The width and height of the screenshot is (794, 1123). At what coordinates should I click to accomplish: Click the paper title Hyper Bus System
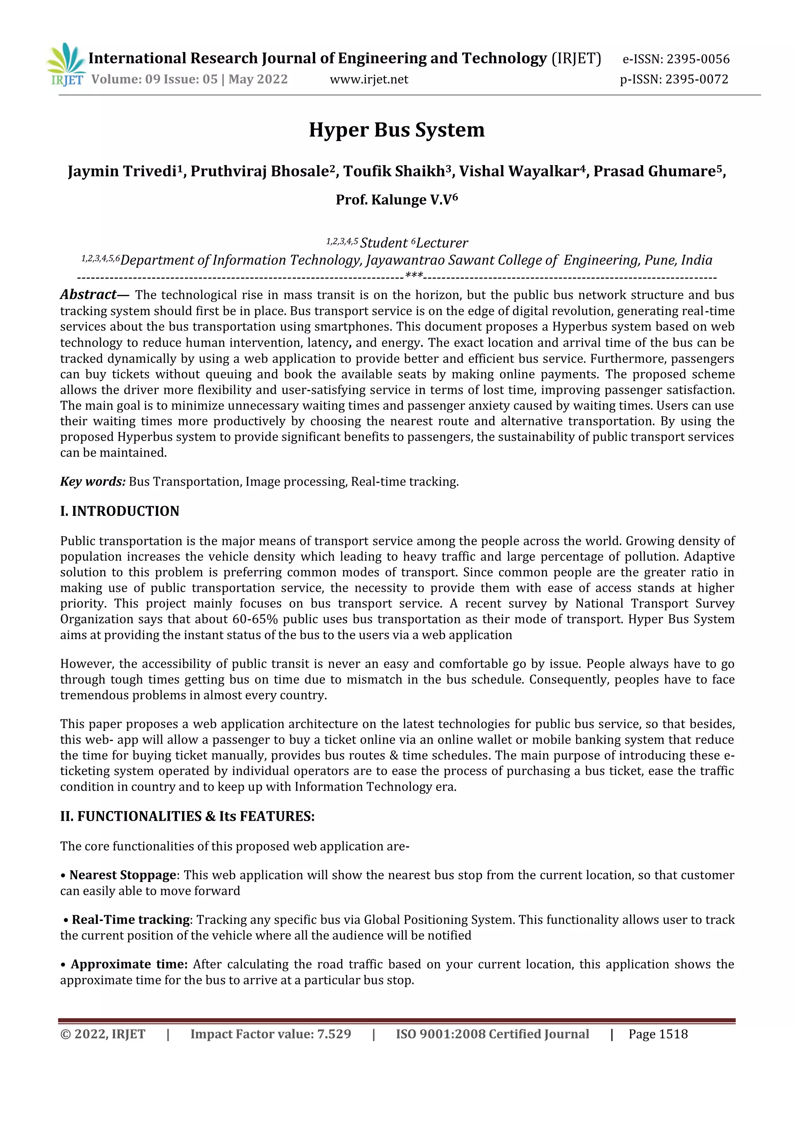click(x=396, y=129)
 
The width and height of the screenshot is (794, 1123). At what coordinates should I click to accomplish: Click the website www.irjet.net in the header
click(x=369, y=79)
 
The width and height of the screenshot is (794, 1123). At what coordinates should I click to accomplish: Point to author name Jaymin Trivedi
click(x=122, y=172)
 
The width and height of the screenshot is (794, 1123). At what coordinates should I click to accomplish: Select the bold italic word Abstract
click(x=88, y=295)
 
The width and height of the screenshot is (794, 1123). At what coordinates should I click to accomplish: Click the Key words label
click(x=92, y=482)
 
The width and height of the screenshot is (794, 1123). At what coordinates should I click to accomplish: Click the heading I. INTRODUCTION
click(x=119, y=511)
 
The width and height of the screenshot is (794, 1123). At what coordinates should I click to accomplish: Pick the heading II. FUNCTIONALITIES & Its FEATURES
click(x=187, y=816)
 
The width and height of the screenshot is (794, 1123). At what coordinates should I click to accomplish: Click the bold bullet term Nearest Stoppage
click(x=122, y=875)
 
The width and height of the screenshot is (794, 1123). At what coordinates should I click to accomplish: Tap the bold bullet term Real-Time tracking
click(x=131, y=920)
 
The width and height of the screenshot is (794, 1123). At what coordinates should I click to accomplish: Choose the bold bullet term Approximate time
click(x=129, y=964)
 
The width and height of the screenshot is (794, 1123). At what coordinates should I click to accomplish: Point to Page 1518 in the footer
click(x=658, y=1034)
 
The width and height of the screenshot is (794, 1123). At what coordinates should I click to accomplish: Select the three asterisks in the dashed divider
click(x=414, y=276)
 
